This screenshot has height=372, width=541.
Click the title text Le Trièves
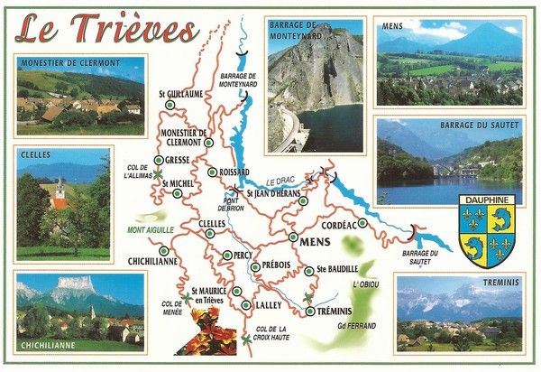106,29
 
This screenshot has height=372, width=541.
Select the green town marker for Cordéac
362,223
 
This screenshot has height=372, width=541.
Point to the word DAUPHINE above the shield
486,200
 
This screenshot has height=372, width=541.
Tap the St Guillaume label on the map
180,93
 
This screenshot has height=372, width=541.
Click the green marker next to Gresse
159,160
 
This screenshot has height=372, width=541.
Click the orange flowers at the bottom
206,331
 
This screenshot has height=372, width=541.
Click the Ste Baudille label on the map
338,269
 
